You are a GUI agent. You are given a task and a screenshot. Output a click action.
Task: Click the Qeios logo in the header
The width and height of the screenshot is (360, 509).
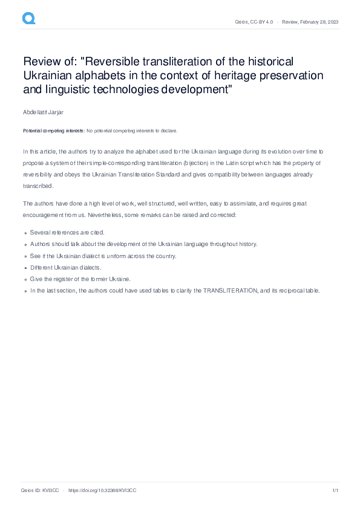tap(28, 19)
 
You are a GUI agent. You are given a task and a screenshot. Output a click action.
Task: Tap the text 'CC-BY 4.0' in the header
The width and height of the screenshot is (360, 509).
tap(261, 22)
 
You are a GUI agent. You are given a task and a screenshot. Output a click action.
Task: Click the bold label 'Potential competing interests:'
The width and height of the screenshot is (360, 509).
tap(54, 131)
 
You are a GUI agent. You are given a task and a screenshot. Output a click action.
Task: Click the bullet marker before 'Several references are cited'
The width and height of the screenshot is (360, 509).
tap(25, 232)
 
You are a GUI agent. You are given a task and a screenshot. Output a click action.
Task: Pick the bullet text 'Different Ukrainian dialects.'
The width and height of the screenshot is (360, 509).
tap(66, 267)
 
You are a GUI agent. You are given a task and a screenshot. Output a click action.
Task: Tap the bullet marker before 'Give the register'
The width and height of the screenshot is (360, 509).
tap(25, 279)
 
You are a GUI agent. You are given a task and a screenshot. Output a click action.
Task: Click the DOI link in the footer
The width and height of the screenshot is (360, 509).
tap(103, 491)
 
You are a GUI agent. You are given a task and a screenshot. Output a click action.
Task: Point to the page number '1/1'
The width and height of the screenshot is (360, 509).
tap(334, 491)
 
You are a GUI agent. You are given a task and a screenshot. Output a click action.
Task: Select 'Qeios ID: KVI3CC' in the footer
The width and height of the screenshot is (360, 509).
tap(40, 491)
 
